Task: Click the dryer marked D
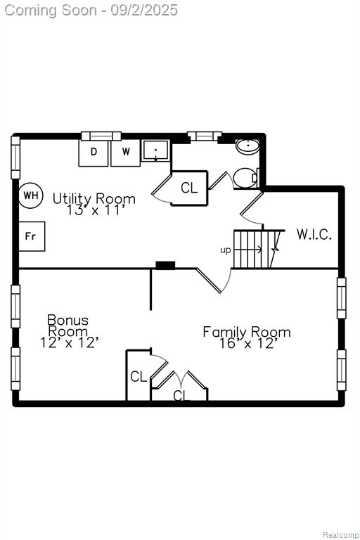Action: (94, 153)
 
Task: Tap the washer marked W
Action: (126, 153)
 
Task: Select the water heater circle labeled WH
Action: (31, 195)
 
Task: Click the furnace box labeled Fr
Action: (32, 236)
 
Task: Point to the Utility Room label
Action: (94, 199)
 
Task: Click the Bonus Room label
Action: (68, 326)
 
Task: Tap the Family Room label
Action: (247, 332)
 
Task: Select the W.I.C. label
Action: (314, 235)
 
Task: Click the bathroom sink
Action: (247, 146)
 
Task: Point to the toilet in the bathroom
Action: (245, 178)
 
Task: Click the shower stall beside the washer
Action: (155, 150)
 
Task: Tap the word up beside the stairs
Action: (225, 250)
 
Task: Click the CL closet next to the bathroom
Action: (189, 188)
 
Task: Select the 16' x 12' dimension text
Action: (247, 343)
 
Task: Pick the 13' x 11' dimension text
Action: (94, 210)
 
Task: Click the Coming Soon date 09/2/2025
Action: (144, 11)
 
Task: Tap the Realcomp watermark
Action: (340, 535)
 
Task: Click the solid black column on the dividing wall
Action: (165, 265)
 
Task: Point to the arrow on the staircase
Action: (247, 249)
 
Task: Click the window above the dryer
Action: (101, 136)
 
